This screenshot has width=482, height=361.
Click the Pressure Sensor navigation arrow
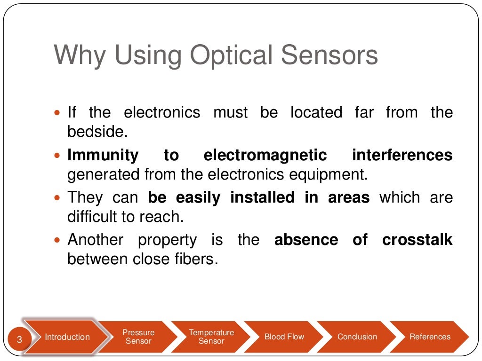point(138,337)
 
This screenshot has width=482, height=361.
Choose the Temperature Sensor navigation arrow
point(211,337)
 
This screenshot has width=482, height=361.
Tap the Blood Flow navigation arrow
point(284,337)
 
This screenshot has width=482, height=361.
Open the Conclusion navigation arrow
point(357,337)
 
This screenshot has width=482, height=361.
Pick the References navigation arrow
point(429,337)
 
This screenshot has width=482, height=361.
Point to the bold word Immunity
point(103,155)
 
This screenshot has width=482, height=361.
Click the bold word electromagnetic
point(265,155)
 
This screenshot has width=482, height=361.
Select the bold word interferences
point(402,155)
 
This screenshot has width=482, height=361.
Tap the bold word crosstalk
point(417,240)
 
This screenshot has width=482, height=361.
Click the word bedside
point(97,132)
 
